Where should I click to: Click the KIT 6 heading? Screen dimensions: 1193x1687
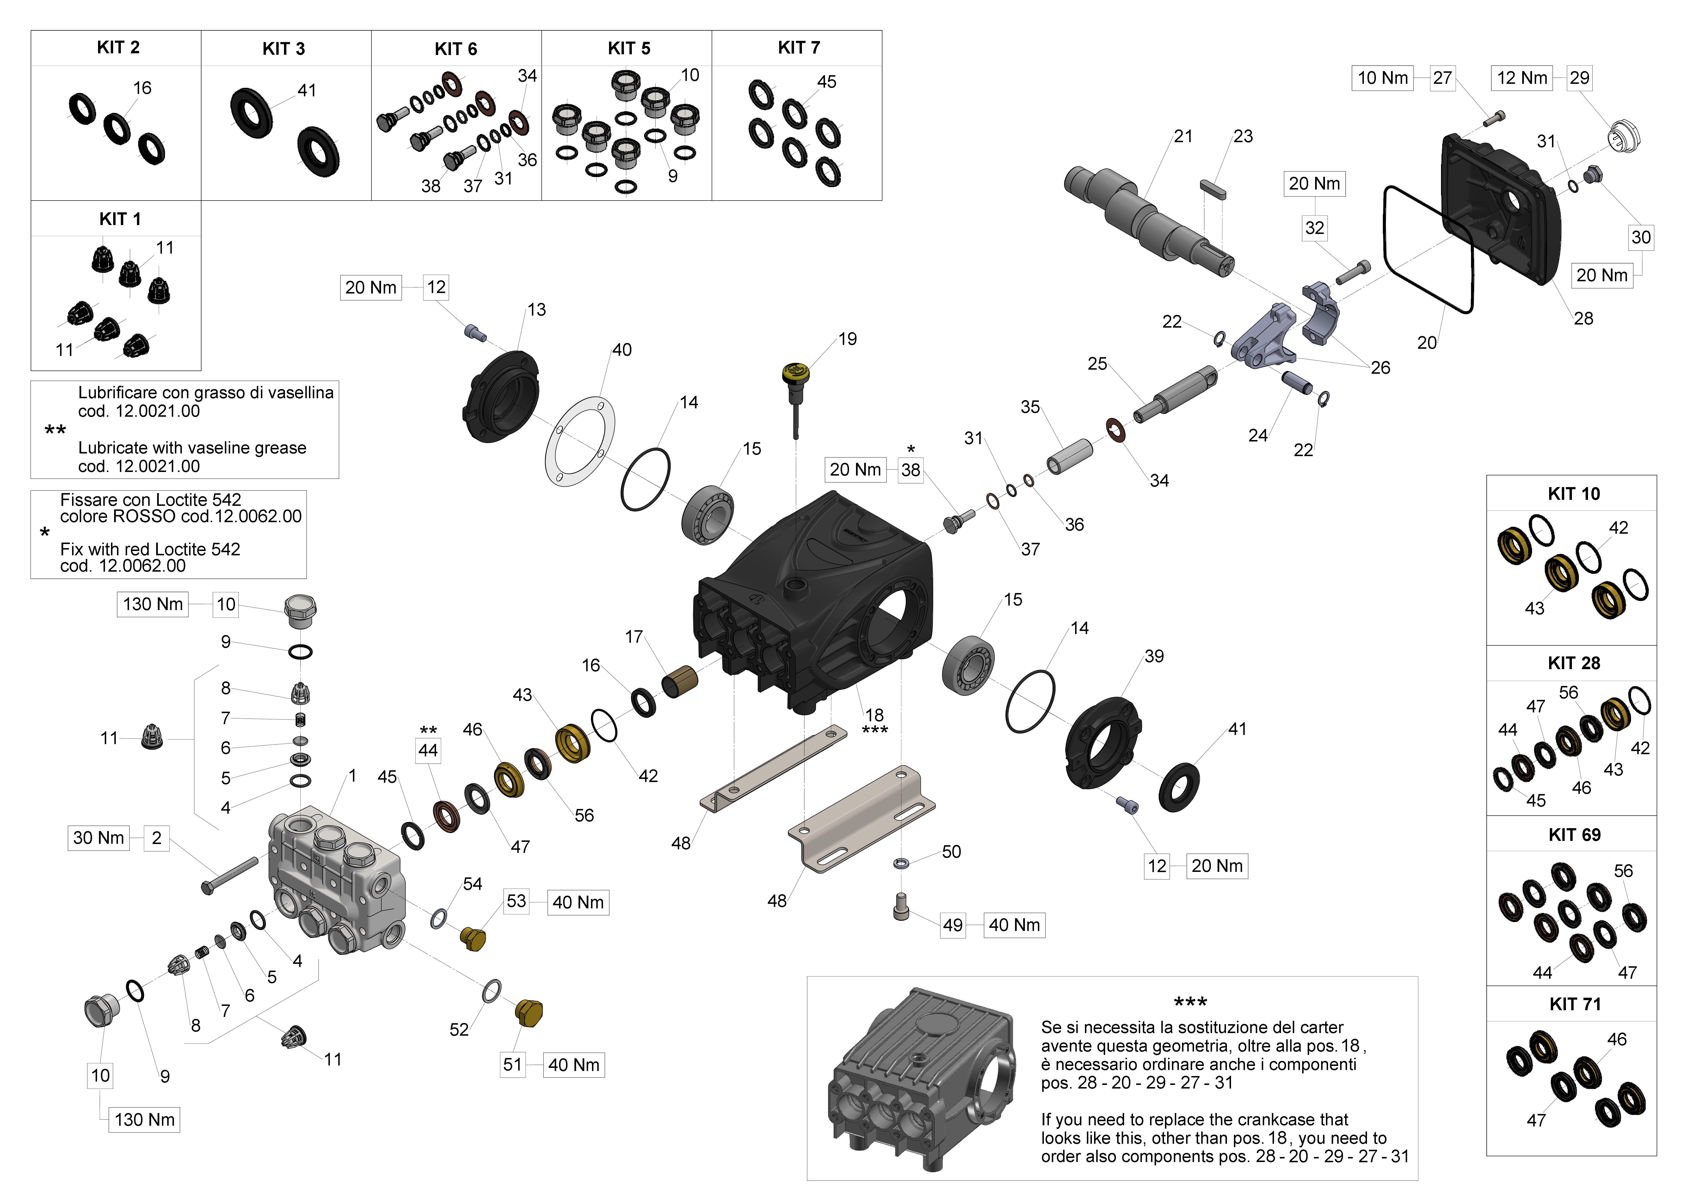[456, 49]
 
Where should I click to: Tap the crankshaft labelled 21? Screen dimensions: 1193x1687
[1146, 220]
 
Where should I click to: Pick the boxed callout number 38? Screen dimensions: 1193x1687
[910, 470]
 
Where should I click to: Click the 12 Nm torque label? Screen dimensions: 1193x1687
[1522, 78]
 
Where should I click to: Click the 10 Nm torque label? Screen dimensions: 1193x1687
[1383, 78]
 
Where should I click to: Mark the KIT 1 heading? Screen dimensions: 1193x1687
[120, 219]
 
